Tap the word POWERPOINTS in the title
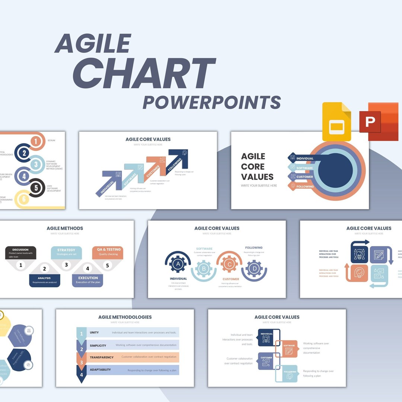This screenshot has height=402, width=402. (212, 102)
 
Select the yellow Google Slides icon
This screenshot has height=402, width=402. (336, 122)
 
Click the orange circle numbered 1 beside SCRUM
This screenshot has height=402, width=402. (35, 141)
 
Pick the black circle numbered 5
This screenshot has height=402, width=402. (36, 188)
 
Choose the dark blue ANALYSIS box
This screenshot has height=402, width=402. (44, 280)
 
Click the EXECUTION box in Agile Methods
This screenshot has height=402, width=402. (88, 280)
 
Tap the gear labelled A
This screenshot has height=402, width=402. (178, 264)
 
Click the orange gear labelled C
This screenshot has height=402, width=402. (229, 264)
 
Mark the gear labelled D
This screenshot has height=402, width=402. (254, 268)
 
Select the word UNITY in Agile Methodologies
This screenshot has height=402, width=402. (94, 332)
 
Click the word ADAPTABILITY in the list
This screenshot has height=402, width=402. (100, 370)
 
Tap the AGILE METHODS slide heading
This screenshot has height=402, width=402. (65, 228)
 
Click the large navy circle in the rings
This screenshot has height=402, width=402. (335, 170)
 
